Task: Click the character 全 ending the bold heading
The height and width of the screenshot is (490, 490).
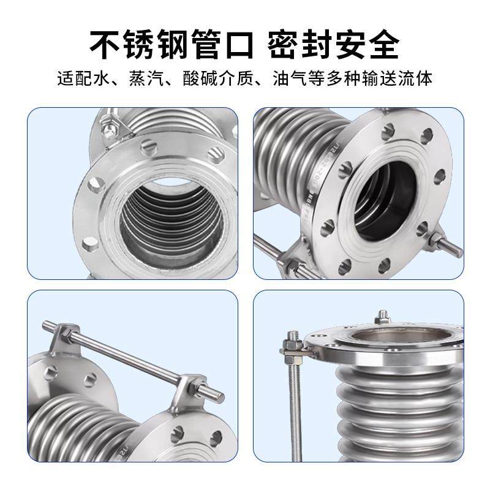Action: tap(382, 43)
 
